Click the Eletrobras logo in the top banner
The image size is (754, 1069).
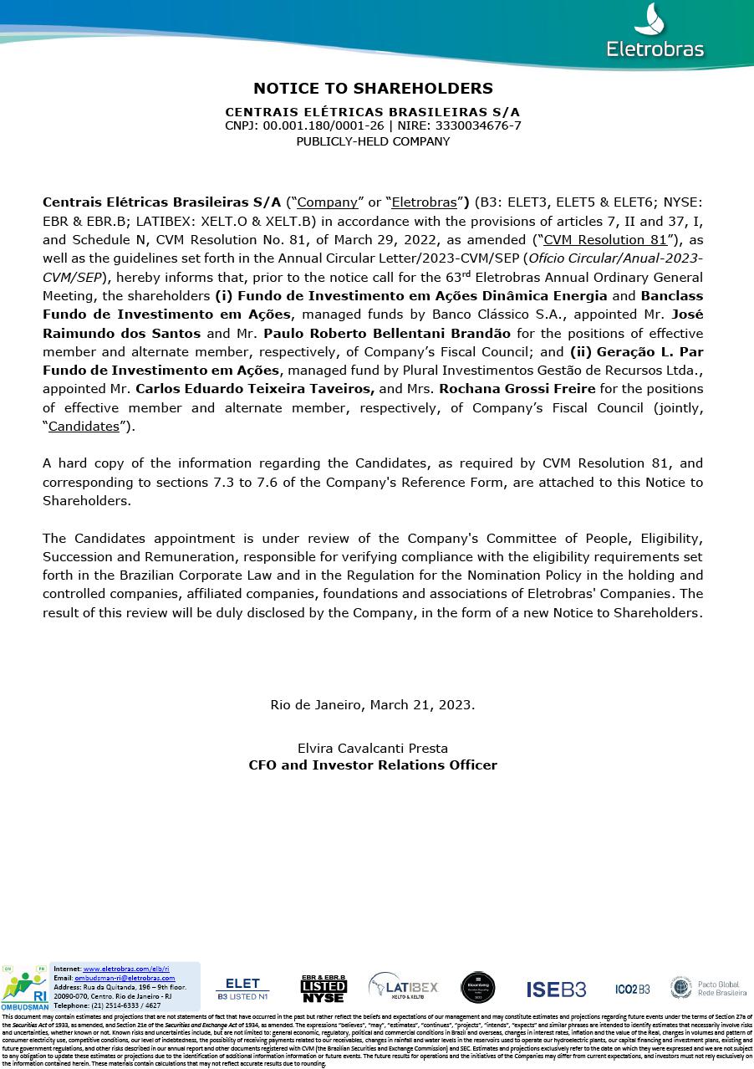(655, 34)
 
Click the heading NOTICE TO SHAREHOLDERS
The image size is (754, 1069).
(373, 88)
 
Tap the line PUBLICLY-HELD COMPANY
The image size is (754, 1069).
(373, 141)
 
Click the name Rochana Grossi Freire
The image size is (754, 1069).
(517, 389)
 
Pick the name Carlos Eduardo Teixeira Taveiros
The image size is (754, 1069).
(255, 389)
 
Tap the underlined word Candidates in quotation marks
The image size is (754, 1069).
(84, 426)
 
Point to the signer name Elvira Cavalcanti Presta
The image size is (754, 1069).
(373, 748)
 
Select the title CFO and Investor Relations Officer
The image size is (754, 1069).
(373, 765)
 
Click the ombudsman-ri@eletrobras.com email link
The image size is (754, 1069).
(125, 978)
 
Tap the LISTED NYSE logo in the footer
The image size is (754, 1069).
(324, 989)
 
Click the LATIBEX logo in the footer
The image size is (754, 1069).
(403, 988)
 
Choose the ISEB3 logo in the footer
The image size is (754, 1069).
(556, 989)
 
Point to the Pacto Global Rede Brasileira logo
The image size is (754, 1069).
(708, 988)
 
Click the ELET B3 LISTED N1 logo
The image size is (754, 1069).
(242, 989)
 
